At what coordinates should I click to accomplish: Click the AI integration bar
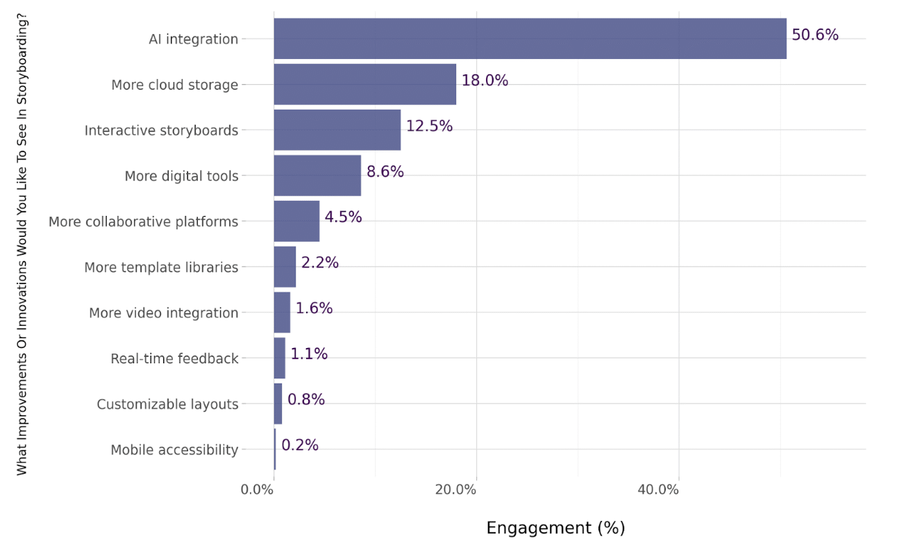(x=530, y=39)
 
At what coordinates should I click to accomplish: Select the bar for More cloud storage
(x=365, y=84)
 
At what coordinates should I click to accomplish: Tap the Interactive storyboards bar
(x=337, y=130)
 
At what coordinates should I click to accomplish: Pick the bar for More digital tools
(x=317, y=175)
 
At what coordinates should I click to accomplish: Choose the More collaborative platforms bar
(x=296, y=221)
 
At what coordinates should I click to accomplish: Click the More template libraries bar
(x=285, y=267)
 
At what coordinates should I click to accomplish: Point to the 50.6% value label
(x=815, y=35)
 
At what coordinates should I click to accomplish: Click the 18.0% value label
(x=485, y=81)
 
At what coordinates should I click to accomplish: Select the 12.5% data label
(x=430, y=126)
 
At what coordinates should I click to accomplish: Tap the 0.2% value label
(x=300, y=445)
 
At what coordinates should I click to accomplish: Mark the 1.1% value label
(x=309, y=354)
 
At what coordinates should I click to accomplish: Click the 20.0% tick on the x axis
(x=455, y=490)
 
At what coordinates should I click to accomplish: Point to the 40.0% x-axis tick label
(x=658, y=490)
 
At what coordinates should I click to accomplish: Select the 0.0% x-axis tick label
(x=257, y=490)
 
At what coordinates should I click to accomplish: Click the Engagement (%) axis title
(x=555, y=528)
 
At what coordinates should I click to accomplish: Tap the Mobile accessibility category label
(x=174, y=450)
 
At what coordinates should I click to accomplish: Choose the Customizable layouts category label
(x=167, y=404)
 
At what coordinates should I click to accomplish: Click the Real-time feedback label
(x=174, y=358)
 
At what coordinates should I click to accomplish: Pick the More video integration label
(x=164, y=313)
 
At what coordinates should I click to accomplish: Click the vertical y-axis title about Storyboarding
(x=22, y=245)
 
